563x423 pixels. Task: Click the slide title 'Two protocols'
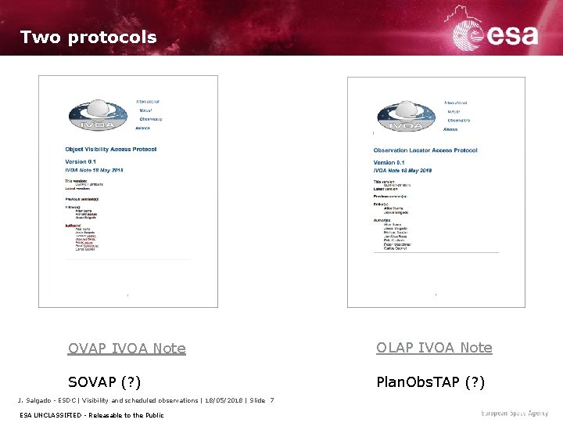point(88,37)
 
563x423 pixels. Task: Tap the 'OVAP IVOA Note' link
point(127,348)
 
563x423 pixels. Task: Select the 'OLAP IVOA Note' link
point(434,347)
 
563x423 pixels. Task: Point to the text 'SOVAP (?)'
point(104,382)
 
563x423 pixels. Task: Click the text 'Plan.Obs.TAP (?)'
point(430,382)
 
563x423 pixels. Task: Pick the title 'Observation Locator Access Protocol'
point(425,150)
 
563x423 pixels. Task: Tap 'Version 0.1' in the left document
point(82,162)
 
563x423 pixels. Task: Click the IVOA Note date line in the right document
point(403,170)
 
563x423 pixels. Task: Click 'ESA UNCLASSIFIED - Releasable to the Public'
point(91,414)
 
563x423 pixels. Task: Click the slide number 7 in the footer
point(271,400)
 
